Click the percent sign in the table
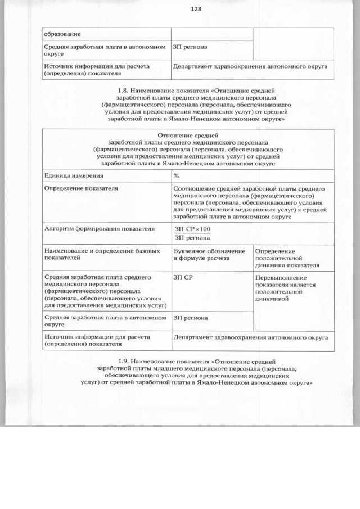coord(177,176)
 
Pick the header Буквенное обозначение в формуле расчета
coord(210,254)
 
